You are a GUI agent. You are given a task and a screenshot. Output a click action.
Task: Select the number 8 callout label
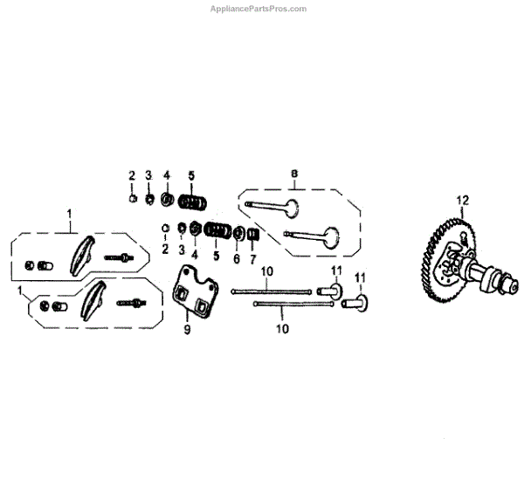pyautogui.click(x=294, y=174)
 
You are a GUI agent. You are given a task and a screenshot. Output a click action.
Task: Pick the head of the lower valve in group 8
pyautogui.click(x=328, y=236)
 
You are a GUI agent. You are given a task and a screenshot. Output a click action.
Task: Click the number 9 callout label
pyautogui.click(x=186, y=330)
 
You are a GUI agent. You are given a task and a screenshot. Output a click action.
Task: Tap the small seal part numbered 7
pyautogui.click(x=254, y=234)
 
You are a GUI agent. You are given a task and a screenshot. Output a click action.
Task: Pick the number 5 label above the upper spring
pyautogui.click(x=191, y=174)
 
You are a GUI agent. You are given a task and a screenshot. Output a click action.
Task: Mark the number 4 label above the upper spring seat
pyautogui.click(x=166, y=174)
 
